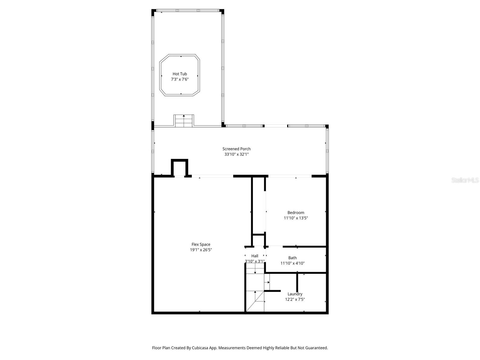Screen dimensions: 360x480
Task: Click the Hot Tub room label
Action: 180,74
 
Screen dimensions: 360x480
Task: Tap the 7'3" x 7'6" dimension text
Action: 180,79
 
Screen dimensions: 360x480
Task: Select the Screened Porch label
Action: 236,149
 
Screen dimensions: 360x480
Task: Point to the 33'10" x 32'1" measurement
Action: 236,154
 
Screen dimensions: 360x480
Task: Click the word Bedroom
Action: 296,213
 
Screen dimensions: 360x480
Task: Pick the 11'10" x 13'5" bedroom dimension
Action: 296,218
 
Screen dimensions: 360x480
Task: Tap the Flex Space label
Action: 201,244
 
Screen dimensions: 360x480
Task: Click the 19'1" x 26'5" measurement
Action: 201,250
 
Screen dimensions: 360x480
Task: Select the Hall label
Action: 255,256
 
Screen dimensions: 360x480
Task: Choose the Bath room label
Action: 292,258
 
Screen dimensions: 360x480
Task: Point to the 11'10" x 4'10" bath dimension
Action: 292,263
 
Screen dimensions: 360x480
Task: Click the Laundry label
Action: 295,294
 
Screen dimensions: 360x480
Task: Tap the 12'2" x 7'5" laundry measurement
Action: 295,299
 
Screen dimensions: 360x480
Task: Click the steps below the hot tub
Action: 184,121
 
